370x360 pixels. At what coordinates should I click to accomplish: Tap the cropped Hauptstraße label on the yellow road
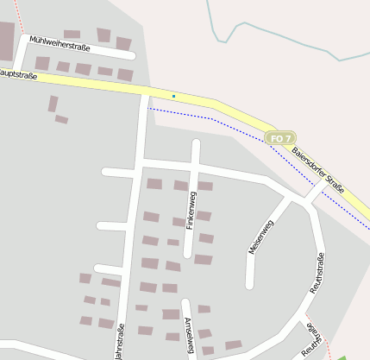click(x=19, y=75)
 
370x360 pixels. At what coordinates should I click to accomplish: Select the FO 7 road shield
click(x=281, y=138)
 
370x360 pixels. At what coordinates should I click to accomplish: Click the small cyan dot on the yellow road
click(x=173, y=96)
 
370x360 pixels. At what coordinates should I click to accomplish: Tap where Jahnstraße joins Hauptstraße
click(x=143, y=92)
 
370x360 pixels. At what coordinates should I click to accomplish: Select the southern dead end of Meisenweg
click(x=250, y=284)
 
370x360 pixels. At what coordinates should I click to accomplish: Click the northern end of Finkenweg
click(x=196, y=143)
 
